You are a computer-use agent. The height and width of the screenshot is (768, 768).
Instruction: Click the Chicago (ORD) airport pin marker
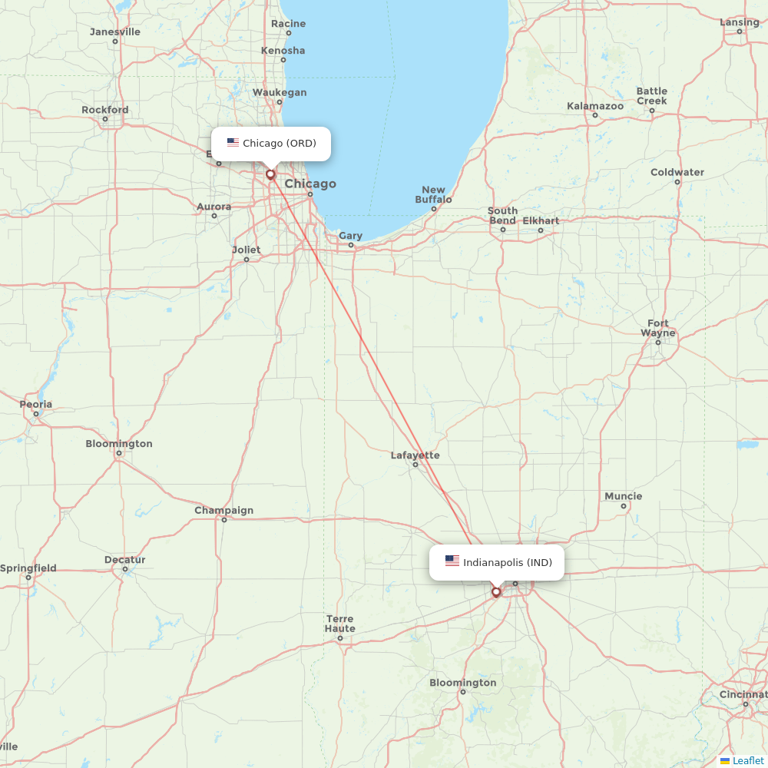(270, 174)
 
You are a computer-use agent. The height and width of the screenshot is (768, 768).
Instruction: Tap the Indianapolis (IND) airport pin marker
(496, 592)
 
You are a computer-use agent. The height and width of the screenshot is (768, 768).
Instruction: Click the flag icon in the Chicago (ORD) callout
(233, 143)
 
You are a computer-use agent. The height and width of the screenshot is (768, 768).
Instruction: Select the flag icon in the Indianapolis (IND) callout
(452, 561)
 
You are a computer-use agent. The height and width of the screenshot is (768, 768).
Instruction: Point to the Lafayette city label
(415, 455)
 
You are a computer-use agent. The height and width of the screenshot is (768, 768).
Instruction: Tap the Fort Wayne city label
(658, 328)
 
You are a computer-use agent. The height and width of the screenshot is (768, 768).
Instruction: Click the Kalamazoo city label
(595, 106)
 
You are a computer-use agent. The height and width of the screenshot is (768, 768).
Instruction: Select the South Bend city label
(502, 215)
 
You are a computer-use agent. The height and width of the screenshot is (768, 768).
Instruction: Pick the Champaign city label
(223, 510)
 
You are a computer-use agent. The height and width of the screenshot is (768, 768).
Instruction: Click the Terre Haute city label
(339, 624)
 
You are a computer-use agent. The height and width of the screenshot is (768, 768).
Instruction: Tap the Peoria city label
(36, 404)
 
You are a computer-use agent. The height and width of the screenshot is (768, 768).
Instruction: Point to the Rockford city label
(105, 110)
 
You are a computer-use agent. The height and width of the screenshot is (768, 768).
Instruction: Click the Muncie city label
(623, 496)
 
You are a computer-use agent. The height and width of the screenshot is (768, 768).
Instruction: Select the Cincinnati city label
(743, 694)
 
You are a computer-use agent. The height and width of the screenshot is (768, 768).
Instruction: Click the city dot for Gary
(351, 245)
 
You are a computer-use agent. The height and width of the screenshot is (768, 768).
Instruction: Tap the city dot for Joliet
(247, 259)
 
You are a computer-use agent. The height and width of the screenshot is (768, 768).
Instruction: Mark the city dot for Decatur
(125, 569)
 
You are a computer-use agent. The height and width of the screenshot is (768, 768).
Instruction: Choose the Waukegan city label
(280, 92)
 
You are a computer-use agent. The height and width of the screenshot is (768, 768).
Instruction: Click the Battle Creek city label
(651, 96)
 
